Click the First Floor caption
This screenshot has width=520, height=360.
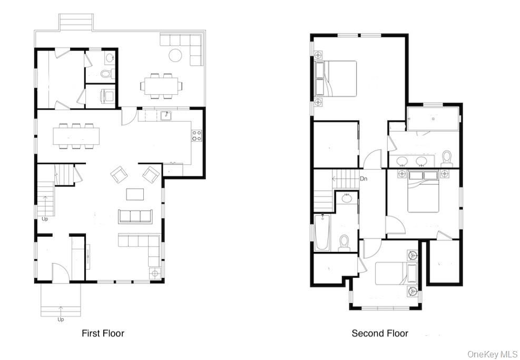tap(103, 333)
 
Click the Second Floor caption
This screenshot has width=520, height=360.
tap(380, 333)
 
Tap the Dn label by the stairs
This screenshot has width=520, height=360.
tap(364, 179)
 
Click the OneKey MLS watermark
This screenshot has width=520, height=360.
tap(492, 354)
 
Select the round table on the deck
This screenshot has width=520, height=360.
tap(175, 55)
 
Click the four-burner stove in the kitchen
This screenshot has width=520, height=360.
tap(197, 135)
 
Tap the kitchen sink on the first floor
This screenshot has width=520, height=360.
tap(166, 115)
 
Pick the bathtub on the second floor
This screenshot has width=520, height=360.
tap(322, 232)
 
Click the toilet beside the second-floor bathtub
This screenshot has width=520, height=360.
tap(344, 243)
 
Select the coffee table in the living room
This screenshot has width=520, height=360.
tap(135, 194)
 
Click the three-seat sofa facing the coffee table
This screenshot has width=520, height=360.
tap(135, 216)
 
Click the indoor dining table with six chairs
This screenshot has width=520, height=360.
tap(76, 136)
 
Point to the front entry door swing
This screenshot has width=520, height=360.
tap(61, 272)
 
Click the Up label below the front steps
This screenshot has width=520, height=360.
tap(61, 319)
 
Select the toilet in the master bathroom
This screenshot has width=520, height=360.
tap(447, 159)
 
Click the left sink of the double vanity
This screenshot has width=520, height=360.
tap(403, 161)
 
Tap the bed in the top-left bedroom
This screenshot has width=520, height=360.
tap(335, 79)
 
